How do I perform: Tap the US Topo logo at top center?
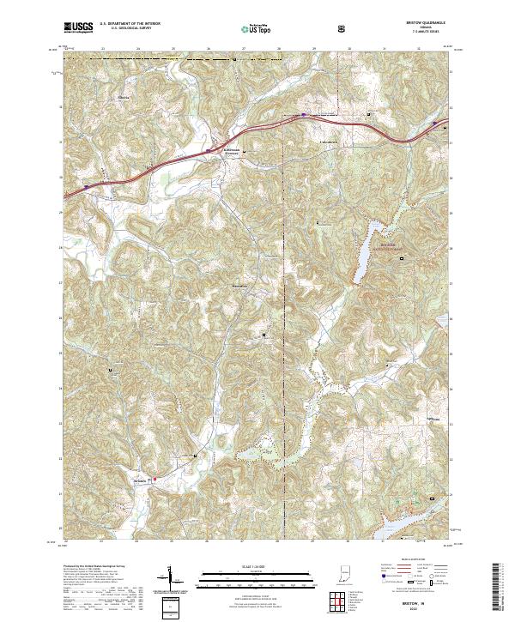click(x=246, y=28)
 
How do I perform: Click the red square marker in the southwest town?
click(x=154, y=479)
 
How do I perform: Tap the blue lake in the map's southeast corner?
click(x=412, y=520)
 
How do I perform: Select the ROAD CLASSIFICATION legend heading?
click(x=408, y=558)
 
